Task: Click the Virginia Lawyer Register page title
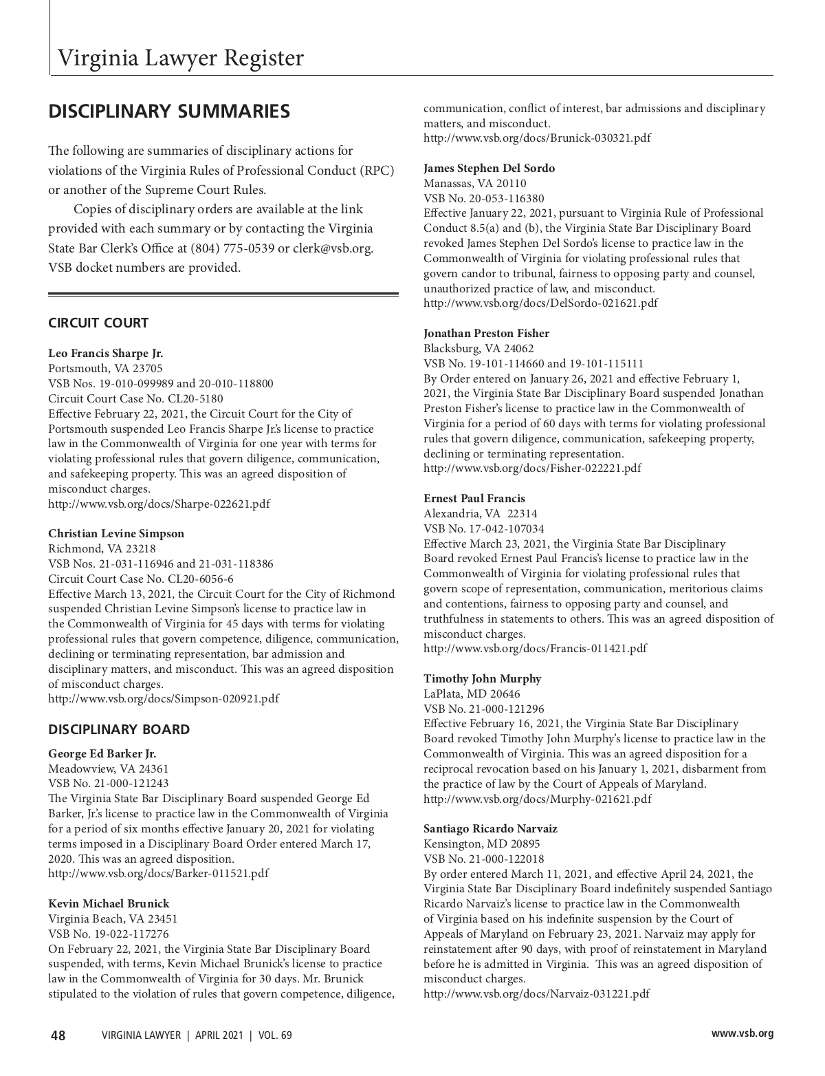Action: (180, 58)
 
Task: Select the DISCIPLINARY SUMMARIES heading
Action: (169, 111)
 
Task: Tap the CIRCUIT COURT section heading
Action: (98, 323)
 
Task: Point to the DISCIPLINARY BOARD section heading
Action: (119, 729)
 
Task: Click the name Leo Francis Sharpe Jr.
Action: (106, 354)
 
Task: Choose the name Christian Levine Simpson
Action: (116, 533)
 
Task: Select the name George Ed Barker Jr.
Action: (102, 753)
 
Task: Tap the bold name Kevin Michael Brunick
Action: (109, 903)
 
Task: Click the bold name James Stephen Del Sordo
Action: (489, 168)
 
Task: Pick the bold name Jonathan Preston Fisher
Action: (486, 333)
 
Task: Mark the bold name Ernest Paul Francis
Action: (474, 498)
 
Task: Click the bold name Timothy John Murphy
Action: (482, 678)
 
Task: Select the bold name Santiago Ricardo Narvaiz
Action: (490, 828)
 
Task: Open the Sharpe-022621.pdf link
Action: (159, 504)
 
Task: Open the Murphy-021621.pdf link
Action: (537, 799)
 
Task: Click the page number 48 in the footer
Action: (58, 1035)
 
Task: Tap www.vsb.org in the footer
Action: (742, 1033)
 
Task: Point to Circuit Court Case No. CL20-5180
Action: (135, 398)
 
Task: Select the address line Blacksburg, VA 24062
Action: (478, 348)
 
